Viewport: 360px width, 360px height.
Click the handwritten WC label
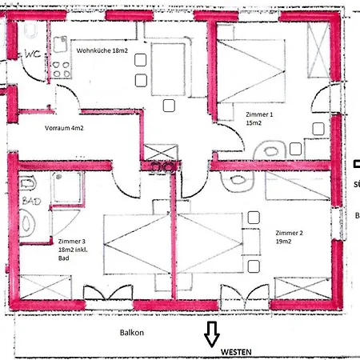(x=33, y=54)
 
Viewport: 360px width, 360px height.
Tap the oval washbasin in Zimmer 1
(x=270, y=149)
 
